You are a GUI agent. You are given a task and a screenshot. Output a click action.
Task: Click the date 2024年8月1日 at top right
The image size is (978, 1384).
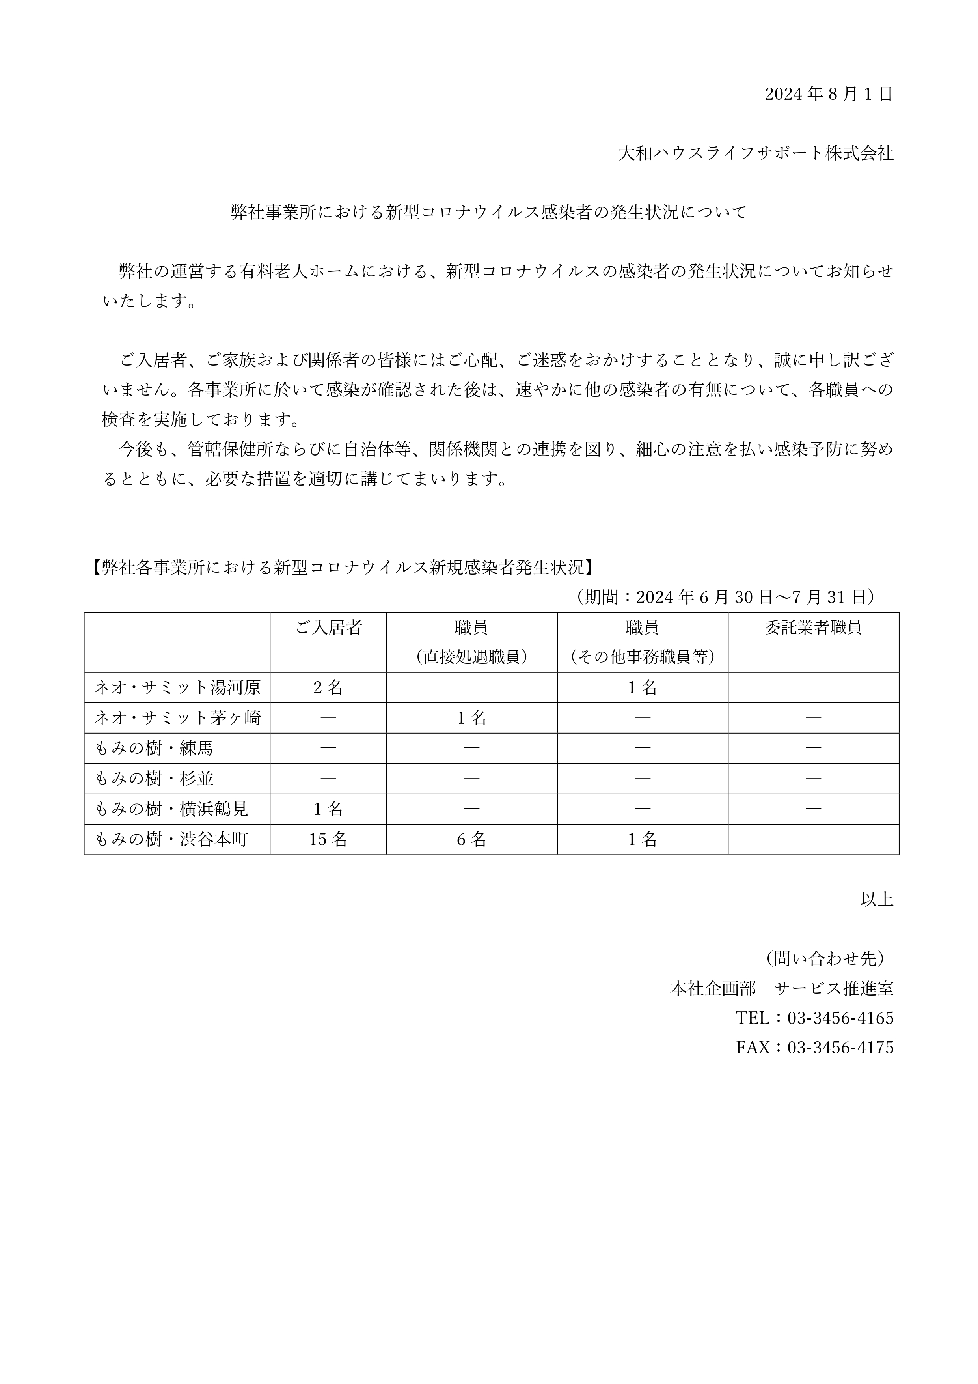coord(829,94)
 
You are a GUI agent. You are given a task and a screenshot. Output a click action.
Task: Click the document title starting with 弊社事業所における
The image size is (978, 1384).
coord(489,212)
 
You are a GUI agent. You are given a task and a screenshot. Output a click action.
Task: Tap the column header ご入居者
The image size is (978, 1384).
coord(328,628)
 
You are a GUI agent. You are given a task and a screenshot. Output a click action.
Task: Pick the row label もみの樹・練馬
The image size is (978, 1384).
coord(154,749)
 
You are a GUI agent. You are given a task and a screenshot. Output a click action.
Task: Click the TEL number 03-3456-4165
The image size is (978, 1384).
coord(840,1018)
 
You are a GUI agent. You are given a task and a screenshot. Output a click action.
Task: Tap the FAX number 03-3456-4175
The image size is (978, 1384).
coord(840,1048)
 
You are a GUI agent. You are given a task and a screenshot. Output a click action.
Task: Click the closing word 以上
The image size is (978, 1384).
coord(877,899)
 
